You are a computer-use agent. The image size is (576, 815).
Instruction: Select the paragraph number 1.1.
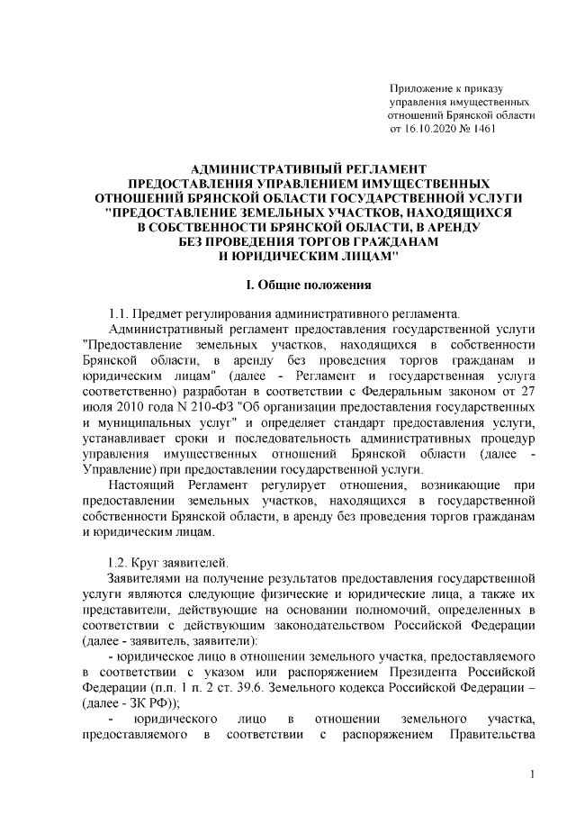tap(118, 313)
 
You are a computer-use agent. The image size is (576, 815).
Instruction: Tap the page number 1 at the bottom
tap(533, 774)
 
